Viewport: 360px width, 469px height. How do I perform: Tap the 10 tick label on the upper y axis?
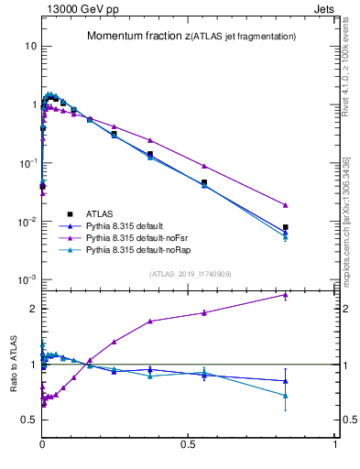pos(30,46)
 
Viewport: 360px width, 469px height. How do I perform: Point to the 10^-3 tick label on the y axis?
pos(27,279)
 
